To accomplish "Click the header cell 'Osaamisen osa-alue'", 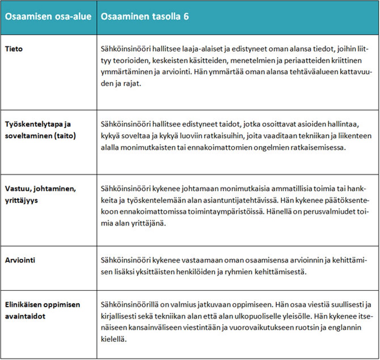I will (x=48, y=17).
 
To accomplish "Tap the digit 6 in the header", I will (x=186, y=17).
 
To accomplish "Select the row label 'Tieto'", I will (x=14, y=49).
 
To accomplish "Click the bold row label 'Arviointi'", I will (x=20, y=260).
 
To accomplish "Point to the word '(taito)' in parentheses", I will (x=65, y=136).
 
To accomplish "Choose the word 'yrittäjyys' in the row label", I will (x=21, y=200).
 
